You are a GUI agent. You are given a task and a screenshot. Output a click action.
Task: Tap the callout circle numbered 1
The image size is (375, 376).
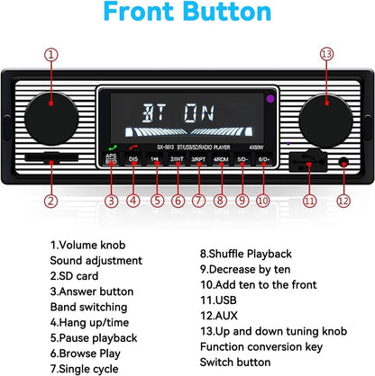pos(53,55)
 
